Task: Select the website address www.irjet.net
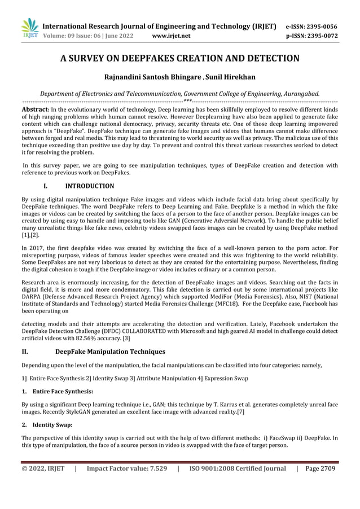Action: tap(172, 36)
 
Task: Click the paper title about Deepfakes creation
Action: tap(180, 58)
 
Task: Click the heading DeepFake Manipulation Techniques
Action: tap(110, 352)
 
